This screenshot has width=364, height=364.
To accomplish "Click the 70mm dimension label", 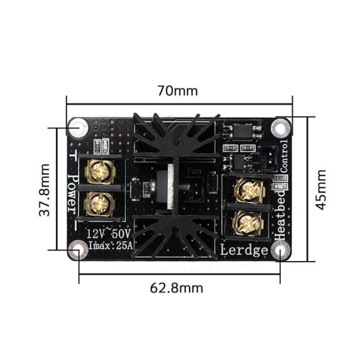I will tap(177, 91).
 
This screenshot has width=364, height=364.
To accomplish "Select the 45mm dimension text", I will tap(321, 189).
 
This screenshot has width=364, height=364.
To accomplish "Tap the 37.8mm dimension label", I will tap(45, 189).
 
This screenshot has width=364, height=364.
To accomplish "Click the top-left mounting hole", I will tap(78, 127).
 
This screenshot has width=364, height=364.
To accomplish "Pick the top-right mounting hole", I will tap(280, 127).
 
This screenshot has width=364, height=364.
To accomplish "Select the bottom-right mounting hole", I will tap(280, 251).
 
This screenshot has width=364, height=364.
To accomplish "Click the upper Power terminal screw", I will tap(99, 170).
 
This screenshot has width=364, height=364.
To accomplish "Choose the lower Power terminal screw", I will tap(99, 203).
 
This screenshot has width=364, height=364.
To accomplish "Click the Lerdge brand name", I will tap(244, 250).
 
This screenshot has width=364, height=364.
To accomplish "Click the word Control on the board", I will tap(284, 157).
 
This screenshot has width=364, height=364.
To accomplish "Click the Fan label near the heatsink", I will tap(193, 171).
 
